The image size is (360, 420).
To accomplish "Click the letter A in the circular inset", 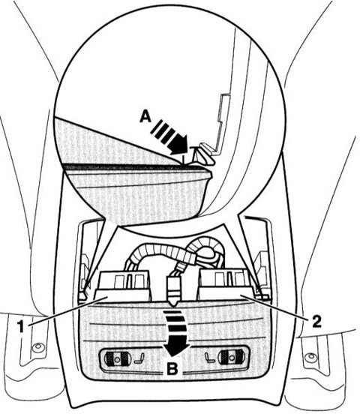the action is [145, 117].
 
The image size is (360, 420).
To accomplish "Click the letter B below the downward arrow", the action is [172, 369].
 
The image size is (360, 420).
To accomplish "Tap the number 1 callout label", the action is [21, 327].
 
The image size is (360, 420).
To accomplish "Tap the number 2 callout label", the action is [316, 321].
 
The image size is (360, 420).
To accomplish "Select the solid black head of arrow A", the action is [180, 145].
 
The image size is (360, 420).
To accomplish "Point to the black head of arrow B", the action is [175, 349].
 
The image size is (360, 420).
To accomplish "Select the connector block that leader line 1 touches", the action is [122, 286].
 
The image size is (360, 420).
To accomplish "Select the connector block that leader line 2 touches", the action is [226, 284].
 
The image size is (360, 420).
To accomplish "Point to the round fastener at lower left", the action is [37, 348].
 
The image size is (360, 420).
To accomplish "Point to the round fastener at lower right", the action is [310, 357].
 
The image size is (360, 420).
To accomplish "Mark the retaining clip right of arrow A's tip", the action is [205, 155].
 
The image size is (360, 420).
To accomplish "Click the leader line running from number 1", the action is [67, 310].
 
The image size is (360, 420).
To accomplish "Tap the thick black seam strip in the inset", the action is [135, 166].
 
